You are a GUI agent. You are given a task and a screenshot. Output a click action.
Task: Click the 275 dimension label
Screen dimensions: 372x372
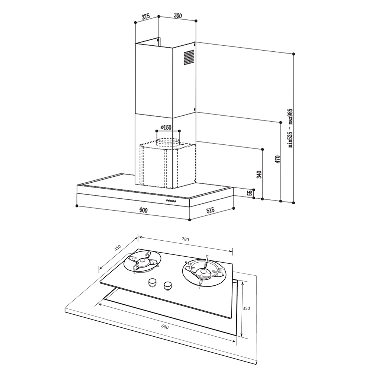click(x=146, y=16)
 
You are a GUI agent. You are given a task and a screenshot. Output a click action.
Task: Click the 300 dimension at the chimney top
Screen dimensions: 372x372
click(x=178, y=16)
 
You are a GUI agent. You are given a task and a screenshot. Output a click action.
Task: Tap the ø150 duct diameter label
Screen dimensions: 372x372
click(x=166, y=127)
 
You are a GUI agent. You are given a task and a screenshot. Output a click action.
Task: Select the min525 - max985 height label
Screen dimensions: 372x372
click(x=291, y=128)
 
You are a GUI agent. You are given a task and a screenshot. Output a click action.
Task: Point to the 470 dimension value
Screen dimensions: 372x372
click(x=278, y=159)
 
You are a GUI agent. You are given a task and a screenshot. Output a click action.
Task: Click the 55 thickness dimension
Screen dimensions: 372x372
click(x=250, y=193)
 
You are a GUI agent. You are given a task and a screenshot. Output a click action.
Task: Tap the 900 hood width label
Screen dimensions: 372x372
click(x=143, y=210)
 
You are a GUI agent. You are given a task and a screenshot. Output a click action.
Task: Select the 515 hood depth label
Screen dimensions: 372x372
click(x=210, y=210)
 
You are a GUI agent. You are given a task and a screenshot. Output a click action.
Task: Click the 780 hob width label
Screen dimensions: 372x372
click(x=185, y=239)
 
